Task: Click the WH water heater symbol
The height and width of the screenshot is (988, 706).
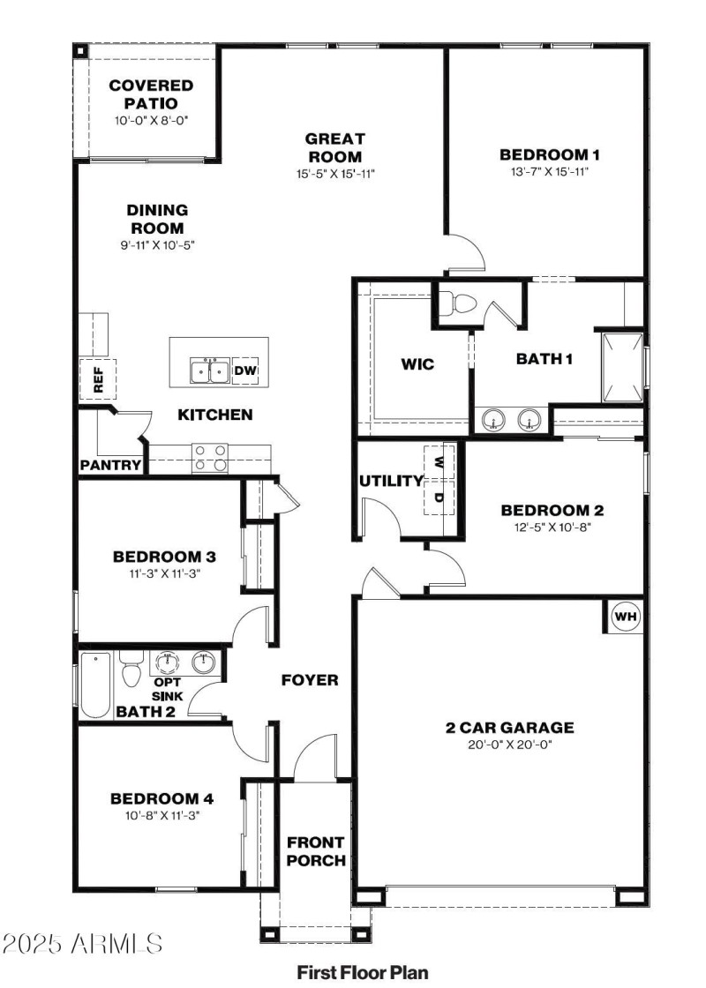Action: tap(626, 617)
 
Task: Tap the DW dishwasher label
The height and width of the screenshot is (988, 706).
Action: tap(245, 371)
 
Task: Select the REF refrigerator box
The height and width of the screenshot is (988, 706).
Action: tap(98, 378)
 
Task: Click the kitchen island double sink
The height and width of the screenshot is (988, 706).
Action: tap(209, 371)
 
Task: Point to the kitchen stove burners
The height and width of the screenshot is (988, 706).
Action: tap(210, 457)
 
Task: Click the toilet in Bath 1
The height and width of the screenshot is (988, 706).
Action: tap(458, 303)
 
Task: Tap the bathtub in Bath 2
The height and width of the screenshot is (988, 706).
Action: tap(94, 685)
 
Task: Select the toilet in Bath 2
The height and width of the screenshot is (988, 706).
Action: tap(131, 671)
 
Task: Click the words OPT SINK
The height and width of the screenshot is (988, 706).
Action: tap(168, 689)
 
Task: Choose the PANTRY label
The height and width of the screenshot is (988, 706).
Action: tap(110, 465)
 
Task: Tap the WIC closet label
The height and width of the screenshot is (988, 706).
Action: tap(417, 363)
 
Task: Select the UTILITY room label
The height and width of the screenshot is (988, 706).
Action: tap(391, 481)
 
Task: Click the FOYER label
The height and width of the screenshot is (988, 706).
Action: tap(310, 680)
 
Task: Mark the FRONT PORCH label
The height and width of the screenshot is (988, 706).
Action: tap(315, 851)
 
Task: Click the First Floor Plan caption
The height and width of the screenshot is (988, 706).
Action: tap(363, 973)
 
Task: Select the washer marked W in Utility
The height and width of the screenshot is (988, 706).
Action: tap(439, 460)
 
